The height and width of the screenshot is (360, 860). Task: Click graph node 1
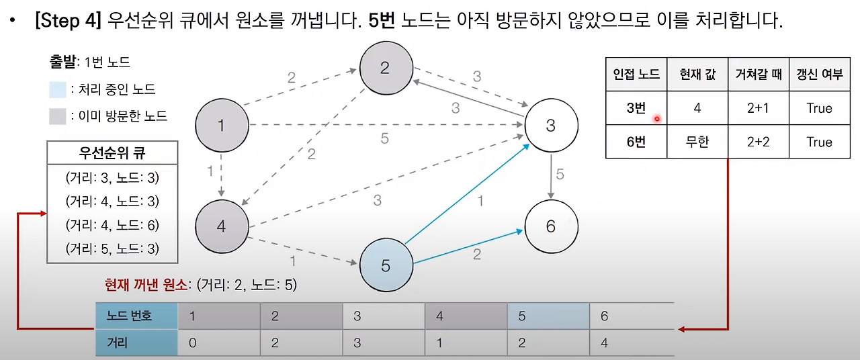tap(222, 125)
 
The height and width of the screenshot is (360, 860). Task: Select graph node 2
tap(386, 68)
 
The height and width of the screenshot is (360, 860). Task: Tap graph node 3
tap(551, 125)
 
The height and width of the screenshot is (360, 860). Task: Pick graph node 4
tap(222, 226)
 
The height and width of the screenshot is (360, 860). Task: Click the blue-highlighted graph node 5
tap(386, 265)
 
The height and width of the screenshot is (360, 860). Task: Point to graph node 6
tap(551, 226)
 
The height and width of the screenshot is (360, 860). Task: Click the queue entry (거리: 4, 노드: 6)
tap(112, 225)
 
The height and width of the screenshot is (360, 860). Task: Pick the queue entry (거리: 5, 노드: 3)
tap(112, 249)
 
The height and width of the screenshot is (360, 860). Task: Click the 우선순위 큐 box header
tap(112, 152)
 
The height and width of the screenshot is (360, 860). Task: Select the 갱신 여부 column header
tap(819, 75)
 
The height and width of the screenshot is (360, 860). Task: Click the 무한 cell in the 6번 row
tap(697, 142)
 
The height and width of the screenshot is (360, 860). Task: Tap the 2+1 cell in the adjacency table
tap(758, 109)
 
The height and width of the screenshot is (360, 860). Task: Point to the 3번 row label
tap(636, 109)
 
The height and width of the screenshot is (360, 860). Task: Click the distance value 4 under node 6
tap(604, 343)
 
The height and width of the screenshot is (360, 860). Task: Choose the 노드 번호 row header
tap(136, 316)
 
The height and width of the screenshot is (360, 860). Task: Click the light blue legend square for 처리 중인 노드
tap(58, 89)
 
